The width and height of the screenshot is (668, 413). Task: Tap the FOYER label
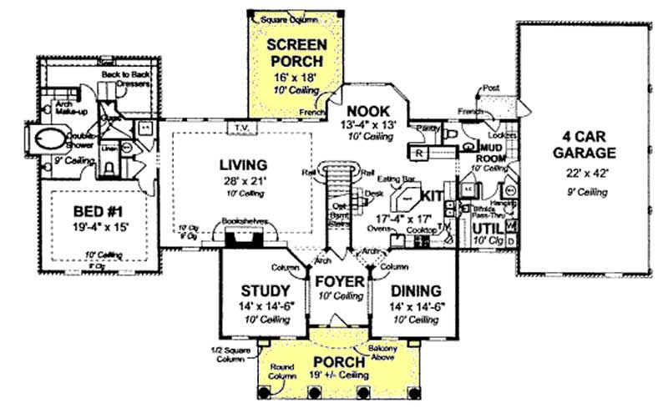point(338,282)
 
